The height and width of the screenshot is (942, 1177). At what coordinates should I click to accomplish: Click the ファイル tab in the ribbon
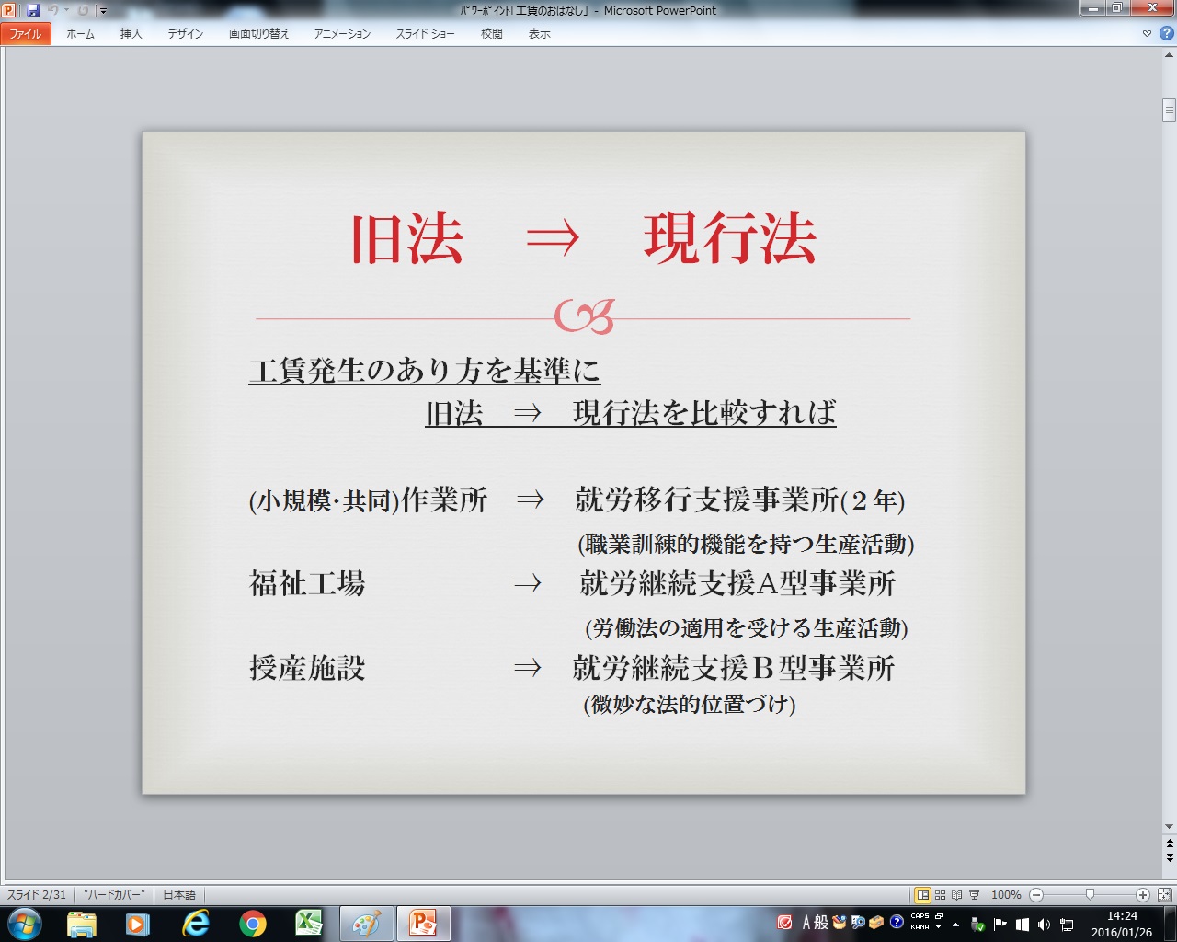tap(26, 33)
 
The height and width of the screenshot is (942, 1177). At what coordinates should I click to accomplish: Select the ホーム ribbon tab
tap(80, 33)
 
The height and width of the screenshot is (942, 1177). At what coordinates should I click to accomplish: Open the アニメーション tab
tap(342, 33)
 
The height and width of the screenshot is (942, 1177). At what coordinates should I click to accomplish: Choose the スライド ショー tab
tap(426, 33)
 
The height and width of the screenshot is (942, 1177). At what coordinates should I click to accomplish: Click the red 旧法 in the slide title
tap(407, 238)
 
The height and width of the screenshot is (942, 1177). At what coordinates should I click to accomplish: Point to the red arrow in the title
tap(553, 238)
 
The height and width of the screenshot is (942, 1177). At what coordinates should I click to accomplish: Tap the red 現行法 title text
tap(730, 238)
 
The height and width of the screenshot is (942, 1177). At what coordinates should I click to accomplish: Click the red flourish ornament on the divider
tap(585, 316)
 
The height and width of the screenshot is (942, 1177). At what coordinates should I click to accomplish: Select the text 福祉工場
tap(307, 583)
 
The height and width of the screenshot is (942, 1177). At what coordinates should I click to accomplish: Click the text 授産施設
tap(307, 668)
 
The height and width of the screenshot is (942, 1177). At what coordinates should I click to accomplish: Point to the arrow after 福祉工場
tap(528, 583)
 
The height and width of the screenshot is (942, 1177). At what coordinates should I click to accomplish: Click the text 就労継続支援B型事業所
tap(734, 668)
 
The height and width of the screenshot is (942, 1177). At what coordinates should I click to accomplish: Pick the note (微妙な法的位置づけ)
tap(690, 704)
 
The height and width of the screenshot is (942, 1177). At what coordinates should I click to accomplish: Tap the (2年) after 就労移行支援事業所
tap(873, 500)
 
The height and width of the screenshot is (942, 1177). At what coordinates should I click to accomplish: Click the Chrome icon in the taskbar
tap(252, 925)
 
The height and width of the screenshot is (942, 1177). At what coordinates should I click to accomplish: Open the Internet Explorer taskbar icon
tap(196, 925)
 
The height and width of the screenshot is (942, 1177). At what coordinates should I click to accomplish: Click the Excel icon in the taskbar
tap(309, 925)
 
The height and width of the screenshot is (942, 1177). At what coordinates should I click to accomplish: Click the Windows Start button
tap(25, 925)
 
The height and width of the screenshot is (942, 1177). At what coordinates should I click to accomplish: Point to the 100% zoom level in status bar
tap(1006, 895)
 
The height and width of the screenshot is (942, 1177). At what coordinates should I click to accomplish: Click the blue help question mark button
tap(1167, 33)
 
